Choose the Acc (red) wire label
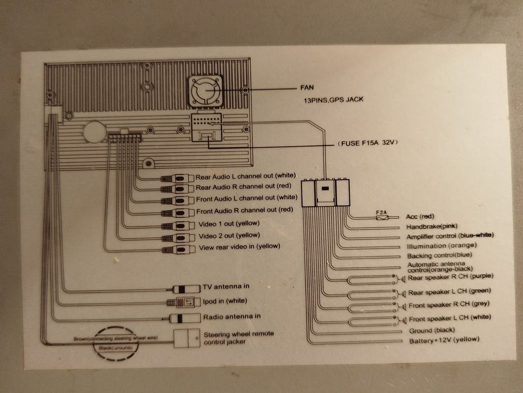(x=420, y=216)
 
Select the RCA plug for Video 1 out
(x=177, y=226)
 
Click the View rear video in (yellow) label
(x=239, y=246)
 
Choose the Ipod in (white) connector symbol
(x=184, y=303)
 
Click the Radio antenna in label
(x=232, y=317)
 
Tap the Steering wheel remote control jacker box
(x=187, y=338)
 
